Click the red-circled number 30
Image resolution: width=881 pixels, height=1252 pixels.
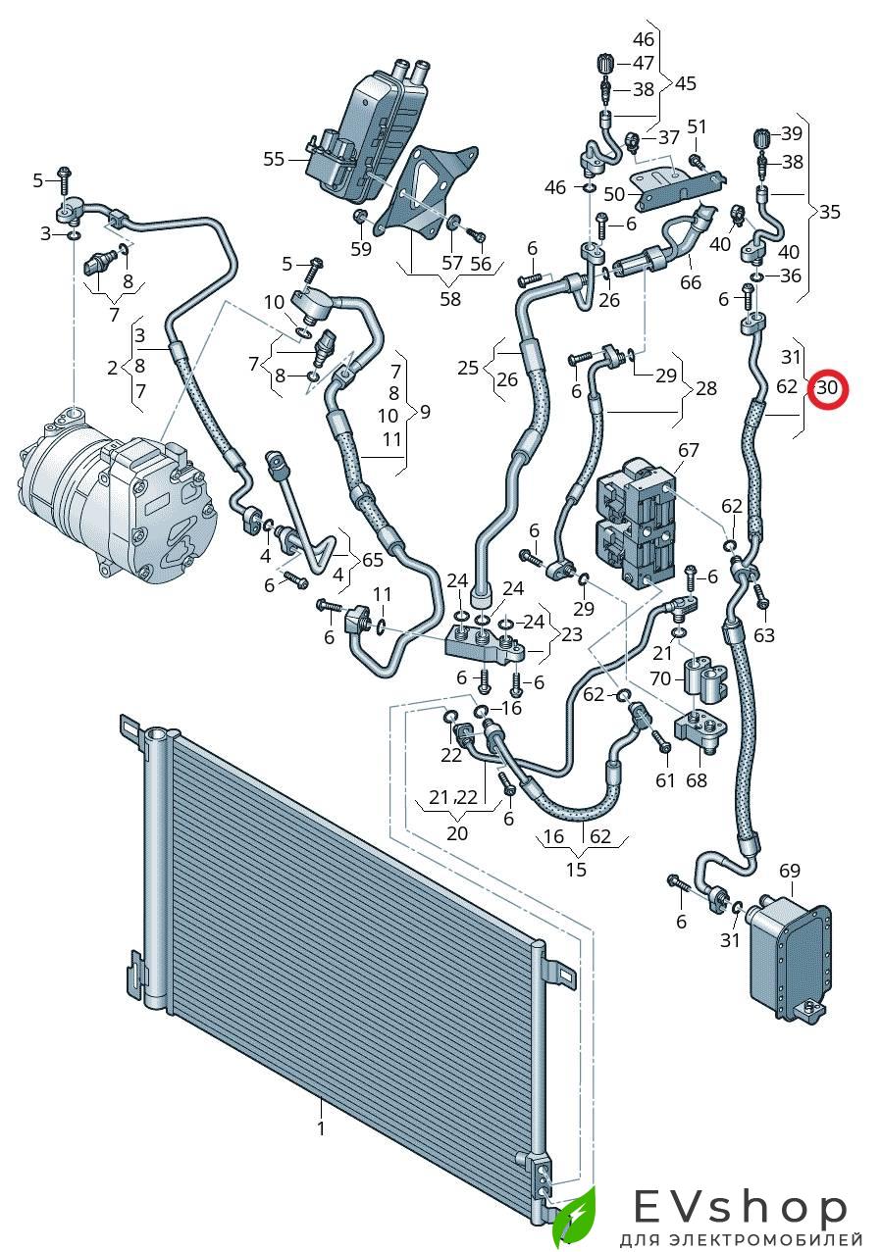pyautogui.click(x=827, y=387)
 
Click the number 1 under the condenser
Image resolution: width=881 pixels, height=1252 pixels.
pyautogui.click(x=320, y=1128)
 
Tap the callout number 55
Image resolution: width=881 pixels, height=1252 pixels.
pyautogui.click(x=274, y=159)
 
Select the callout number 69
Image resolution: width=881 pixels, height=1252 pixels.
pyautogui.click(x=790, y=871)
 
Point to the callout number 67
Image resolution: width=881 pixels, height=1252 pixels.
pyautogui.click(x=689, y=450)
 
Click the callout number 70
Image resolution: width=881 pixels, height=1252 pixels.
pyautogui.click(x=660, y=677)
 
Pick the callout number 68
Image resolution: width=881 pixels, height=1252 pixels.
pyautogui.click(x=696, y=780)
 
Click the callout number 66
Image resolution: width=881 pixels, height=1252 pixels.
pyautogui.click(x=691, y=281)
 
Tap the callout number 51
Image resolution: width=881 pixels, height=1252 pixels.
pyautogui.click(x=697, y=126)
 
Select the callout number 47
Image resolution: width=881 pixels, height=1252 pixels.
pyautogui.click(x=644, y=63)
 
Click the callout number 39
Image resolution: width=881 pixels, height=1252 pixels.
pyautogui.click(x=791, y=133)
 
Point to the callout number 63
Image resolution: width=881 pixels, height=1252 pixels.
pyautogui.click(x=764, y=635)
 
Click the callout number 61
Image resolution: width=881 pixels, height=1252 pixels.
pyautogui.click(x=666, y=779)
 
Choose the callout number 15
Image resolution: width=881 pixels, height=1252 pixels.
pyautogui.click(x=576, y=869)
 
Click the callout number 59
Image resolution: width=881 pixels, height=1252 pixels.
pyautogui.click(x=361, y=249)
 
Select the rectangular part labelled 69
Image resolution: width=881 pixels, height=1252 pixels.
pyautogui.click(x=790, y=946)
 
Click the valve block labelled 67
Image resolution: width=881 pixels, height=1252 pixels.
pyautogui.click(x=638, y=529)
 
